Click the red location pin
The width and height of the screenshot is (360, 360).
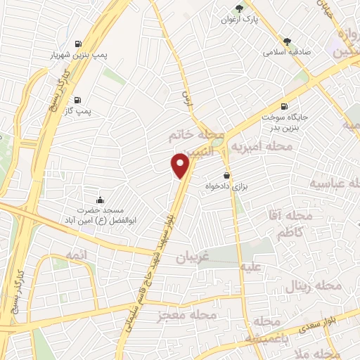[181, 166]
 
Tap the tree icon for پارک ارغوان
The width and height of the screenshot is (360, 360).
[240, 8]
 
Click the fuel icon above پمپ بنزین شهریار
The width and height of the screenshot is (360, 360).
[77, 41]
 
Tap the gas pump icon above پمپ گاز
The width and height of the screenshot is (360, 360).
[77, 99]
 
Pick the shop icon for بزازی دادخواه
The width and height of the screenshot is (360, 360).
[226, 174]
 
